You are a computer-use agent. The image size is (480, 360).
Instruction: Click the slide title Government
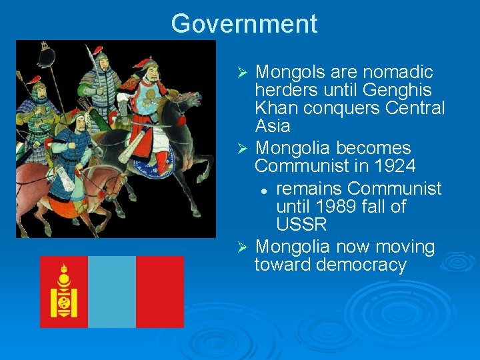coord(244,24)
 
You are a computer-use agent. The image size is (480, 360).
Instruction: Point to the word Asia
coord(273,126)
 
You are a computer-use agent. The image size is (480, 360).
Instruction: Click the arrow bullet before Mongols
coord(243,72)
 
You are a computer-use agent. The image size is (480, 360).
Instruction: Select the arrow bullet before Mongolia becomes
coord(243,148)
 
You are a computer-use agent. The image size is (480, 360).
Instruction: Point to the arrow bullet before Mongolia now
coord(243,247)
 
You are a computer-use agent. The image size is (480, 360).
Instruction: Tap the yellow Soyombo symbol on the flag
coord(64,291)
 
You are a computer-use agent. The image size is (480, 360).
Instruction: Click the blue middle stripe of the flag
coord(112,291)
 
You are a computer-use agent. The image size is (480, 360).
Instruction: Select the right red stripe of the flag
coord(160,291)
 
